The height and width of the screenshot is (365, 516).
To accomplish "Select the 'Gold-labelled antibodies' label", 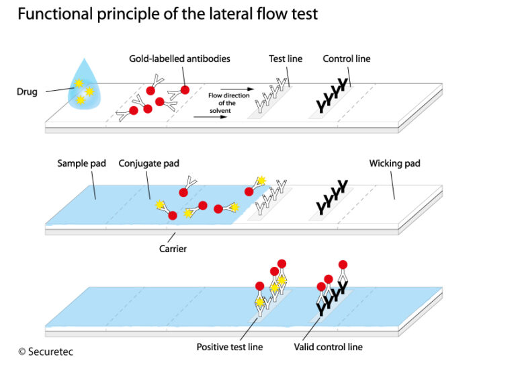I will click(x=179, y=59).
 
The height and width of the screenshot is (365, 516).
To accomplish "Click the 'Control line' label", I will click(x=346, y=59).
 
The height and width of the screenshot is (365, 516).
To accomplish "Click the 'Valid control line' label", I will click(x=329, y=347).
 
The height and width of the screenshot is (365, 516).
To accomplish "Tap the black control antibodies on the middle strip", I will click(x=332, y=197).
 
